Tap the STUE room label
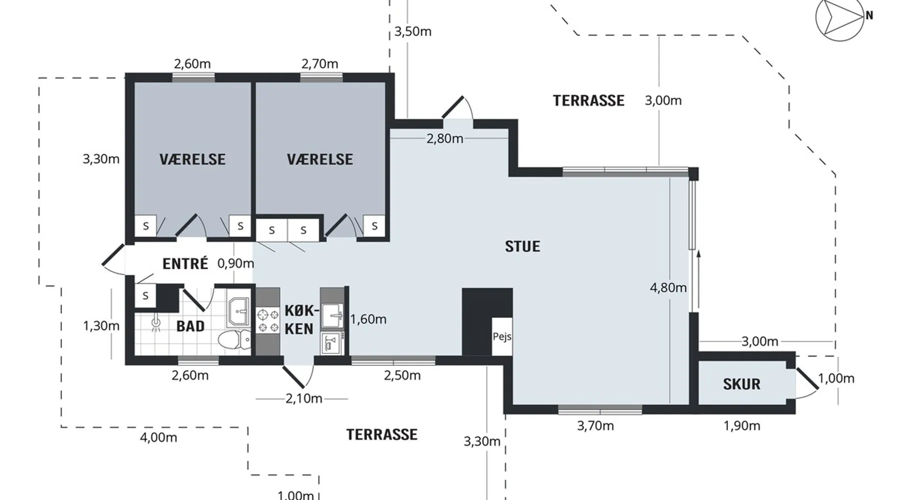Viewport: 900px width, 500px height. pyautogui.click(x=522, y=246)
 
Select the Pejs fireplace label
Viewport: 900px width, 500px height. pyautogui.click(x=502, y=336)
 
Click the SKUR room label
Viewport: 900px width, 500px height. pyautogui.click(x=741, y=384)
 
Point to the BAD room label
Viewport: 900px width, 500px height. pyautogui.click(x=190, y=326)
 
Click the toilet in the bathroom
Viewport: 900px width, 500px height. pyautogui.click(x=235, y=340)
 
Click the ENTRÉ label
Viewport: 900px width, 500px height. pyautogui.click(x=185, y=263)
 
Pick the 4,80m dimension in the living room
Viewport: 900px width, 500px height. pyautogui.click(x=668, y=287)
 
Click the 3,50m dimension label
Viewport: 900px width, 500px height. pyautogui.click(x=413, y=31)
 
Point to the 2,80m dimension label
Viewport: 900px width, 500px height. pyautogui.click(x=445, y=138)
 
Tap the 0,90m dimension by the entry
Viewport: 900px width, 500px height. pyautogui.click(x=235, y=263)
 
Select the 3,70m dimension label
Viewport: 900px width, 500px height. pyautogui.click(x=595, y=426)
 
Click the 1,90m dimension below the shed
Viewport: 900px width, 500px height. pyautogui.click(x=742, y=426)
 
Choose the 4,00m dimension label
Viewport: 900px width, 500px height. pyautogui.click(x=158, y=437)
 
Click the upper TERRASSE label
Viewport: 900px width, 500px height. pyautogui.click(x=588, y=100)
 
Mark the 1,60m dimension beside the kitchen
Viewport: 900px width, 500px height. pyautogui.click(x=368, y=319)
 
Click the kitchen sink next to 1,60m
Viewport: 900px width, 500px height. pyautogui.click(x=332, y=315)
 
